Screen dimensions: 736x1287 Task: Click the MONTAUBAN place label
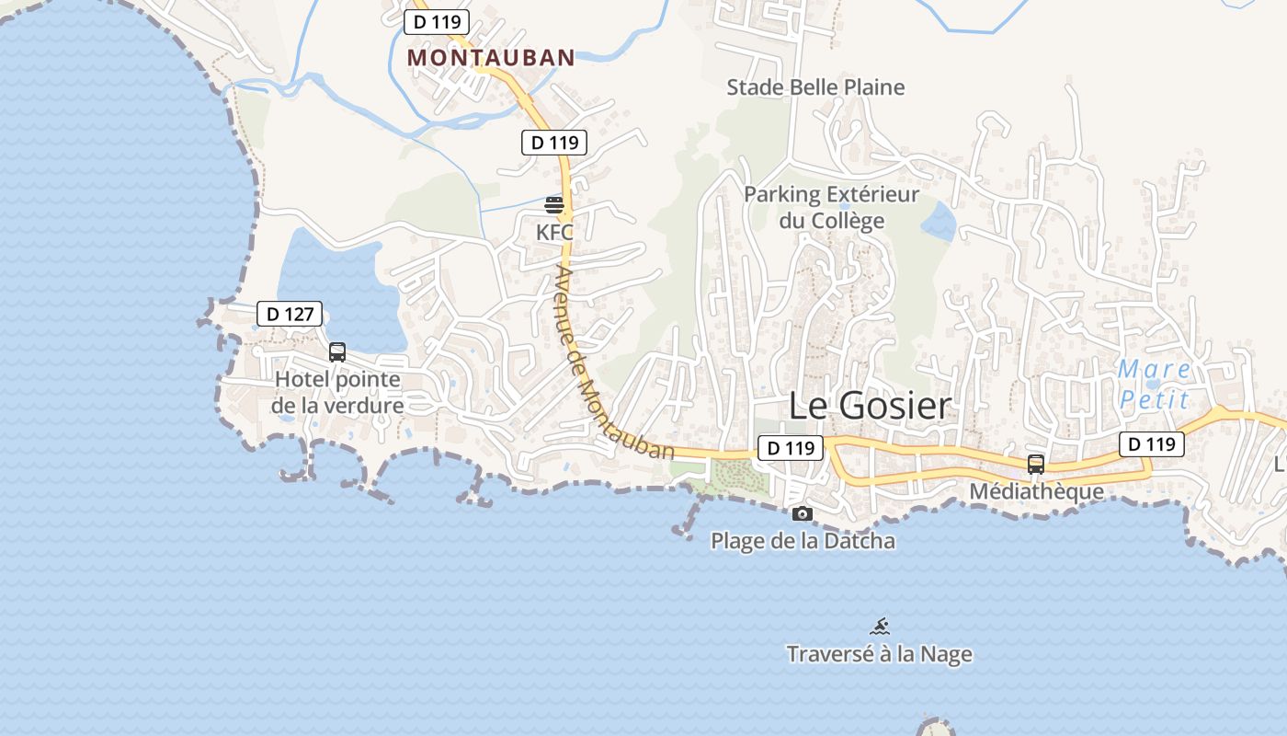pos(491,57)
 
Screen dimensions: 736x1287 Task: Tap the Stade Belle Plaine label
pos(815,87)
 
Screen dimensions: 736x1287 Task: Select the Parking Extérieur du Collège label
pos(831,207)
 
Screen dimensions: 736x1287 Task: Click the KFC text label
pos(554,232)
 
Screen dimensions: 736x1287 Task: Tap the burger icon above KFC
pos(554,204)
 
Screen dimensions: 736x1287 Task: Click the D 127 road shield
pos(290,314)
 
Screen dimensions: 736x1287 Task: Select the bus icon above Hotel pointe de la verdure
pos(337,351)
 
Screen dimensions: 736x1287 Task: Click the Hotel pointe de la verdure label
pos(337,392)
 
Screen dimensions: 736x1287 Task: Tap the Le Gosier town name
pos(869,406)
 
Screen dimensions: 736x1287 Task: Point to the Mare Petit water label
pos(1155,385)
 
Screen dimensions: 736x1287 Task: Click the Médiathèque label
pos(1036,491)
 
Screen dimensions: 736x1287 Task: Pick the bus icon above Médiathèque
pos(1036,464)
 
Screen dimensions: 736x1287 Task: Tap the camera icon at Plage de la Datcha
pos(803,513)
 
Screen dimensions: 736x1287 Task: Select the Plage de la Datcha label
pos(803,540)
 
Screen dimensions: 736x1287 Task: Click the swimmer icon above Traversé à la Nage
pos(880,627)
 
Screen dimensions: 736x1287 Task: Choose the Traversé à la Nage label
pos(879,654)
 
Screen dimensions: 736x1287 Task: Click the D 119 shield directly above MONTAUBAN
pos(437,22)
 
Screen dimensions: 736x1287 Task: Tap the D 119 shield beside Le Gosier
pos(791,448)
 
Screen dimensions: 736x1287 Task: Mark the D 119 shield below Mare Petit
pos(1151,444)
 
